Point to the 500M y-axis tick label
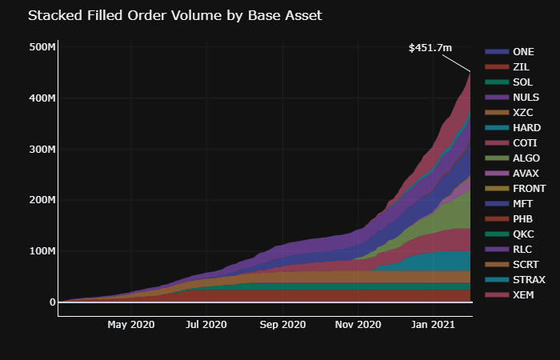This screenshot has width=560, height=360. pyautogui.click(x=42, y=47)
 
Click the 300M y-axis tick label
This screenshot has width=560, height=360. pyautogui.click(x=42, y=150)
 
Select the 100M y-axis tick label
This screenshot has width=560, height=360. pyautogui.click(x=42, y=251)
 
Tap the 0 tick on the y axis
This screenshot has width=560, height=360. pyautogui.click(x=52, y=302)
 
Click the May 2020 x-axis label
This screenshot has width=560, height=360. pyautogui.click(x=130, y=325)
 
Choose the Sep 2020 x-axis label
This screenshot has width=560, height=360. pyautogui.click(x=283, y=325)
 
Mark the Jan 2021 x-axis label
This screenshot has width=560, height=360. pyautogui.click(x=434, y=325)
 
